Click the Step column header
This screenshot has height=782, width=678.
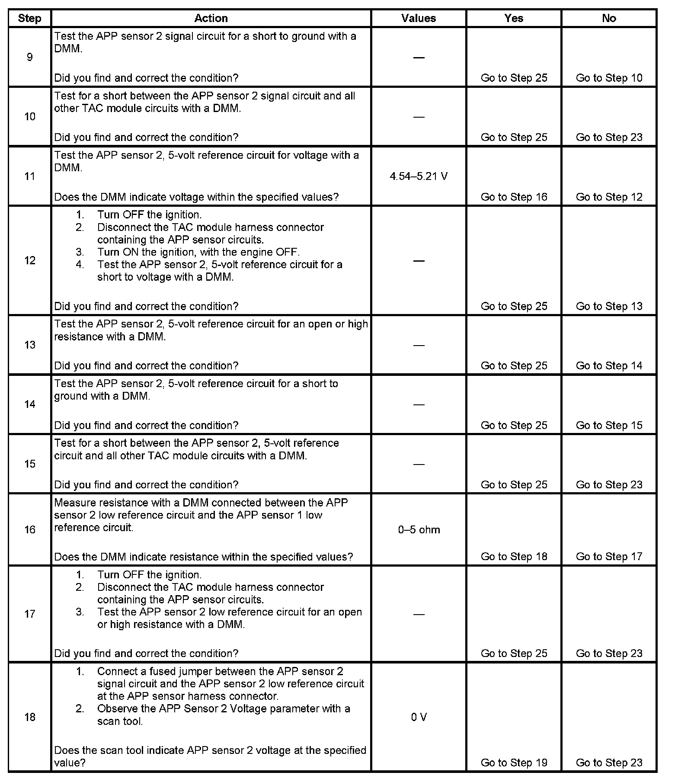[29, 18]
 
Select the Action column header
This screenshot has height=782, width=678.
[211, 18]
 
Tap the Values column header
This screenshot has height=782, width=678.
[418, 18]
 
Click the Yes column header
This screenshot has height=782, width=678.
[514, 18]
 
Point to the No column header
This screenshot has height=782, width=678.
[609, 18]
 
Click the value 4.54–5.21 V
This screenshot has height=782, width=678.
[419, 176]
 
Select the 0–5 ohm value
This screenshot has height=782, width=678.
[419, 530]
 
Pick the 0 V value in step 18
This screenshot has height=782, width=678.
[419, 718]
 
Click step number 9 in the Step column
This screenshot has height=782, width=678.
[29, 57]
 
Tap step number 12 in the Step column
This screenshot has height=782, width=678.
[29, 260]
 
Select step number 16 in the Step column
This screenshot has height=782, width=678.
[29, 530]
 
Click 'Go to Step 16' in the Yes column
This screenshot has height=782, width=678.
[514, 197]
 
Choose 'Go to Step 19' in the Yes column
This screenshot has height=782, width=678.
[514, 763]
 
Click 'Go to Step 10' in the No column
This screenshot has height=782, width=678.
[609, 78]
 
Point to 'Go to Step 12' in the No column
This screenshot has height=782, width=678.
[609, 197]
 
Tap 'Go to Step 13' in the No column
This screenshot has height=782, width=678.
[609, 307]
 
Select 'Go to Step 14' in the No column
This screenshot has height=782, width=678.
[609, 366]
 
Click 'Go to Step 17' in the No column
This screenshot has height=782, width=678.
[609, 557]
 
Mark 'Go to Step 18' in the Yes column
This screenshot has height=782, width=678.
[514, 557]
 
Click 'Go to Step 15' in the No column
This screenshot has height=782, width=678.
[609, 426]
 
